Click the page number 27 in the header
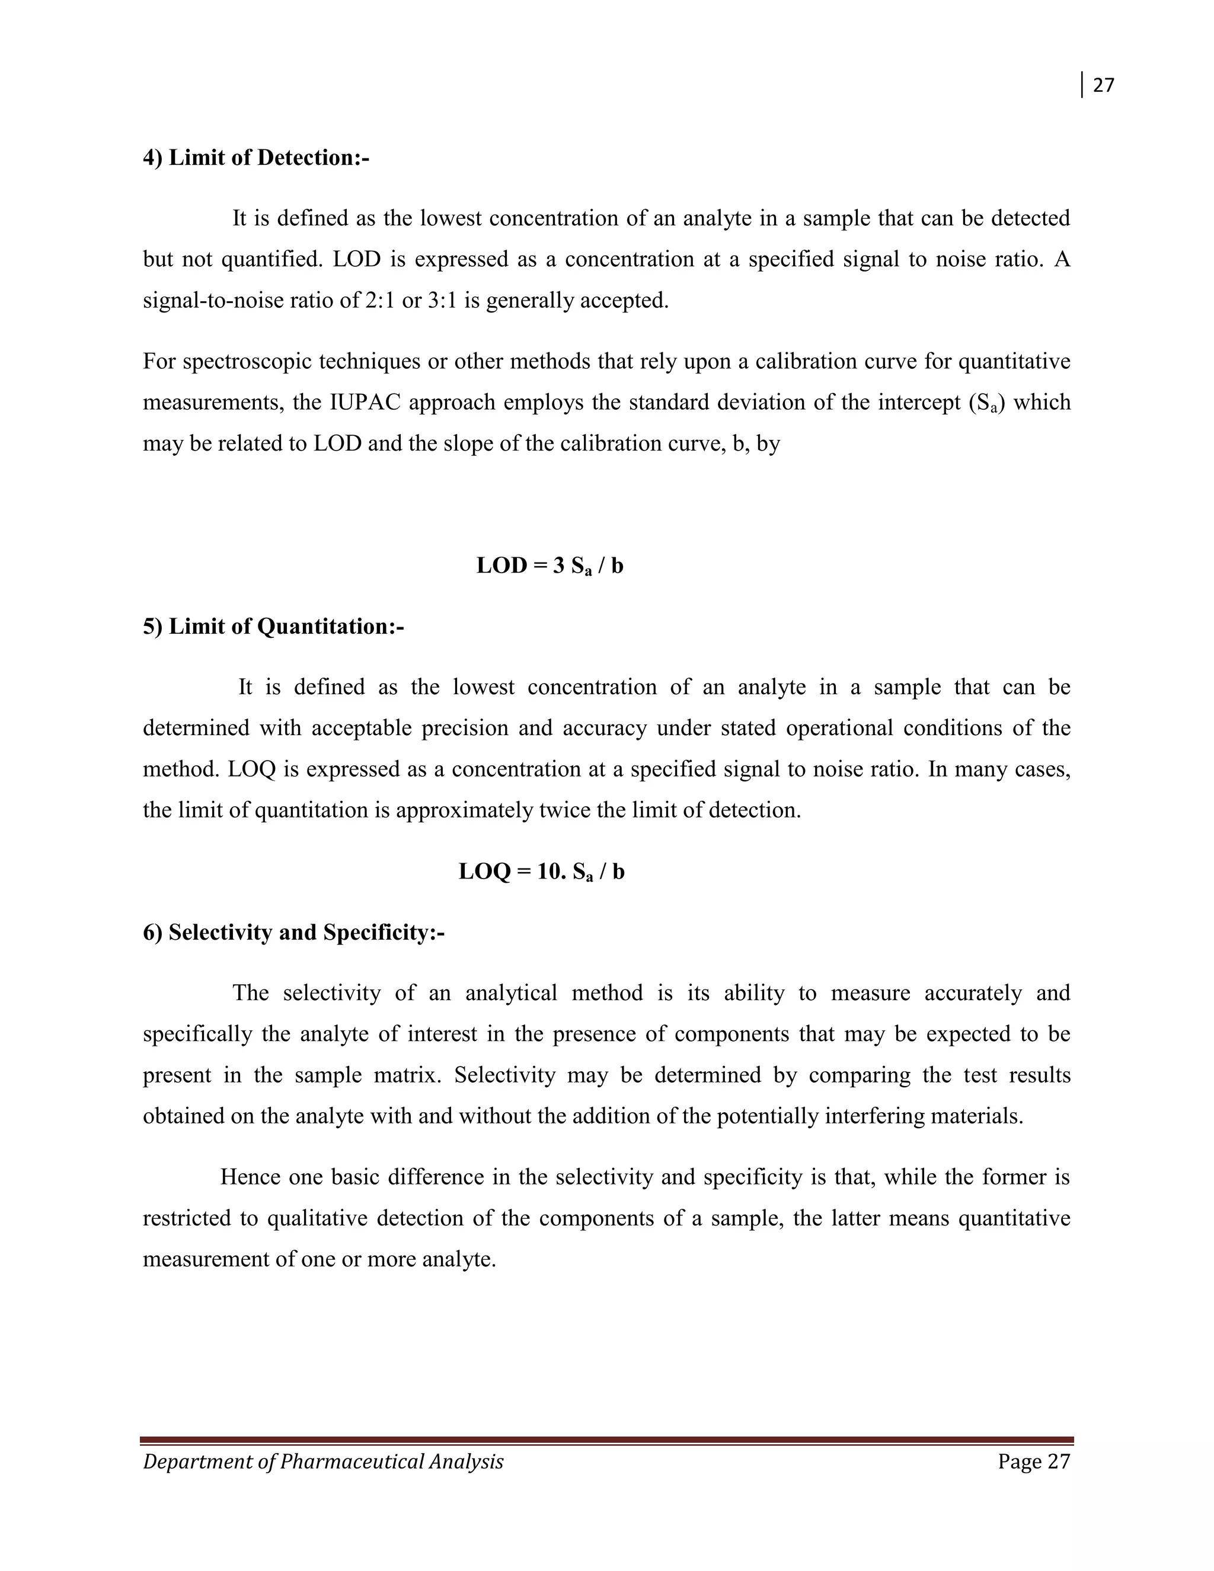click(1103, 85)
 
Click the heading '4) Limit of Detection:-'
click(256, 158)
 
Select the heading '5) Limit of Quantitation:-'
click(273, 627)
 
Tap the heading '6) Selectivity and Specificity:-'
click(293, 933)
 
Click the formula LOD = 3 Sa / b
click(550, 566)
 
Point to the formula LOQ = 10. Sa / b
click(541, 872)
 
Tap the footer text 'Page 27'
click(1033, 1462)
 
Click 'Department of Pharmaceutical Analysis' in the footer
click(323, 1462)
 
